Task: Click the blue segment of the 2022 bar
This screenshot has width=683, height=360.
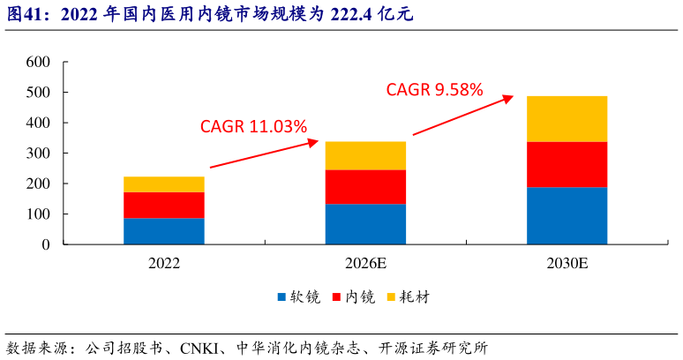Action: [164, 231]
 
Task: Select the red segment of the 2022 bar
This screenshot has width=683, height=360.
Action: [164, 205]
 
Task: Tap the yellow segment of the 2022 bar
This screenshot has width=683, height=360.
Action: [164, 184]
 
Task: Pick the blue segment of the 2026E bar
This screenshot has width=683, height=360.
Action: [365, 224]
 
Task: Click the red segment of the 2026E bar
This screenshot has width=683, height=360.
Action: [365, 187]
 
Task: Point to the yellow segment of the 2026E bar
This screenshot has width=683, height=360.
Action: [365, 155]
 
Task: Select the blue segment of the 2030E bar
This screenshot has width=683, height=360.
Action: [567, 215]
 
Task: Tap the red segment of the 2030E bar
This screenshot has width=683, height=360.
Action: [567, 164]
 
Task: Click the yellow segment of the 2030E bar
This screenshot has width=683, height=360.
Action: [567, 118]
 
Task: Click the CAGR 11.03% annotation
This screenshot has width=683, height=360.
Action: [253, 126]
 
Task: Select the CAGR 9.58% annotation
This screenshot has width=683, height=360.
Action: [434, 89]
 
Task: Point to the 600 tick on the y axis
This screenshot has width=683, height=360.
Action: [38, 62]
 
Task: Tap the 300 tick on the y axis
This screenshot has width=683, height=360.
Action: [38, 154]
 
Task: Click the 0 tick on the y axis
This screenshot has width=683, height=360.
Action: [45, 244]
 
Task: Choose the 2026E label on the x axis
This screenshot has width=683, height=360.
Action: [365, 263]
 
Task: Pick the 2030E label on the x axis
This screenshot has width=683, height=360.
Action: [567, 263]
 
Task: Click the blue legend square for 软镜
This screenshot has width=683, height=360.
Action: [281, 297]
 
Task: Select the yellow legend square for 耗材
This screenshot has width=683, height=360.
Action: [392, 297]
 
